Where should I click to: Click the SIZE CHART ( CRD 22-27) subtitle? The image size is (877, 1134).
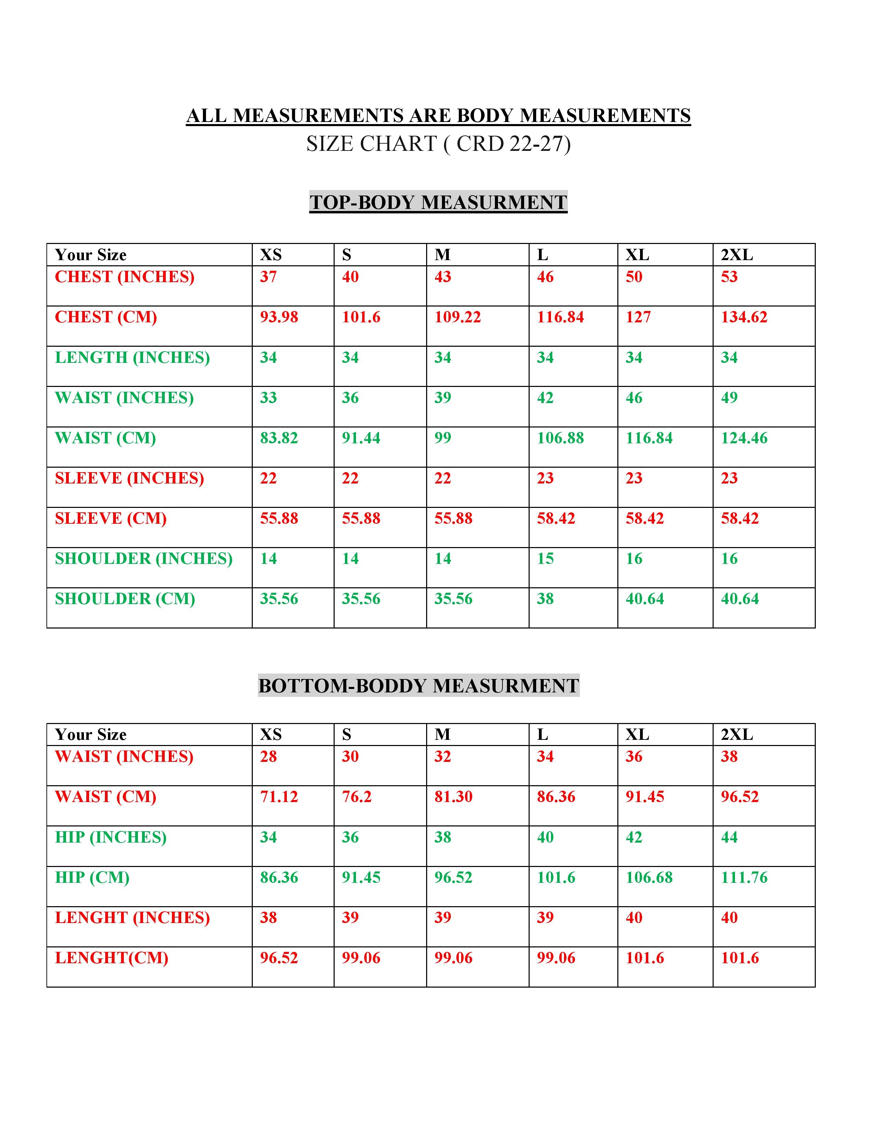click(438, 144)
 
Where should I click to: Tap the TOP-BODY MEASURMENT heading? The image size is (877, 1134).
click(438, 202)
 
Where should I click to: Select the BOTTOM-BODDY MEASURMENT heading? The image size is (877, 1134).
click(418, 686)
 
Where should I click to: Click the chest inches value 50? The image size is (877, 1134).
click(634, 277)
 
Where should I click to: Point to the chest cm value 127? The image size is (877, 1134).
click(638, 317)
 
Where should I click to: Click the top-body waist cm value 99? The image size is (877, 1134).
click(443, 438)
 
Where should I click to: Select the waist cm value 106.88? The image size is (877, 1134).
click(560, 438)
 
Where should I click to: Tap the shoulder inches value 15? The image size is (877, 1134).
click(545, 559)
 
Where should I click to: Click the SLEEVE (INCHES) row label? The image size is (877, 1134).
click(129, 478)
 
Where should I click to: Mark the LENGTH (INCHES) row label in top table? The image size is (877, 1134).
click(132, 357)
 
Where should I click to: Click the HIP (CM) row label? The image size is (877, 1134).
click(92, 878)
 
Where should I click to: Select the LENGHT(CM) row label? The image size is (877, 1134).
click(112, 958)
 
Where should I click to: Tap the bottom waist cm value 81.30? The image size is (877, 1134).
click(453, 797)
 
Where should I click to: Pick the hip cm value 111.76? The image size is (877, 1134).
click(744, 878)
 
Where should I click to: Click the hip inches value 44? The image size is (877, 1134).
click(729, 837)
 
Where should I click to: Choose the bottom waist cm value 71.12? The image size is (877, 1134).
click(279, 797)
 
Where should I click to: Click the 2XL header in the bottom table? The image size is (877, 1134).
click(737, 735)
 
